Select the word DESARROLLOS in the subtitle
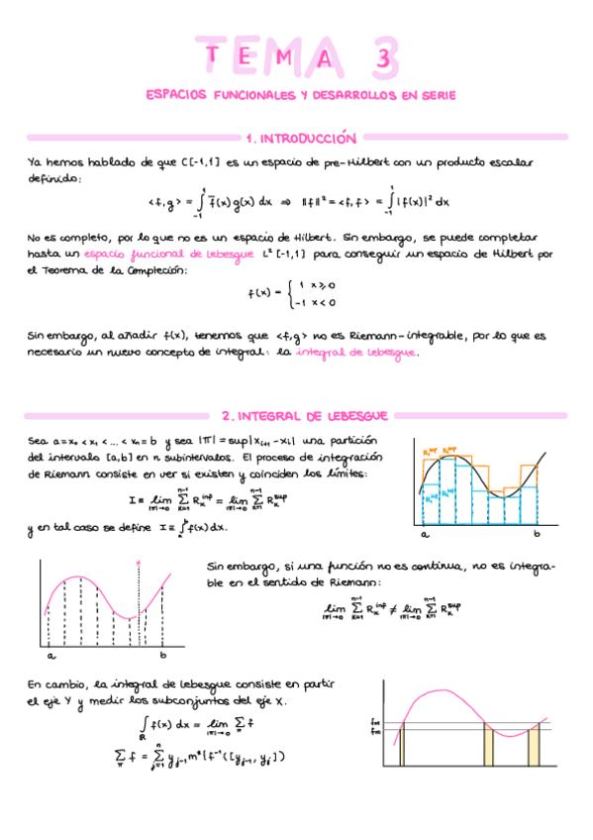(343, 96)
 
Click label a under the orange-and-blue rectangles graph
(425, 534)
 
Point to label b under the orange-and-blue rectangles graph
(538, 534)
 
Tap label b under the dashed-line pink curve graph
(162, 655)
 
